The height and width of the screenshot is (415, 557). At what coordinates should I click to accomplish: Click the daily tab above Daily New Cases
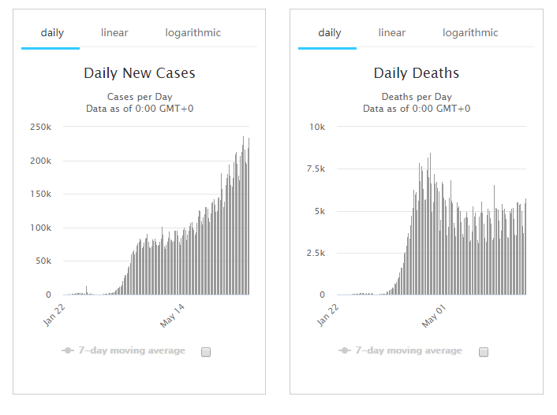tap(52, 33)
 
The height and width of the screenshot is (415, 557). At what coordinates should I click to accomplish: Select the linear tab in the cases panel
tap(114, 33)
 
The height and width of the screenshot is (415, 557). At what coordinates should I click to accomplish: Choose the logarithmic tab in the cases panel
tap(193, 33)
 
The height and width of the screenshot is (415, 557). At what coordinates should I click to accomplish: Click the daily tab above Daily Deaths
tap(329, 33)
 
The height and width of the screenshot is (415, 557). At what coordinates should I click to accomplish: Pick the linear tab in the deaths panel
tap(391, 33)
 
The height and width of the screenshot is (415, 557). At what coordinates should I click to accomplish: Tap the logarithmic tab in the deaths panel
tap(470, 33)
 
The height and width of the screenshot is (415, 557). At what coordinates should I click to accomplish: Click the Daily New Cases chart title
tap(140, 73)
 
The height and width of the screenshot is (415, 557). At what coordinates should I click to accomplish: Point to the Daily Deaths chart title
tap(416, 73)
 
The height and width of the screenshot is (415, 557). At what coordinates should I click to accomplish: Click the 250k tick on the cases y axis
tap(40, 127)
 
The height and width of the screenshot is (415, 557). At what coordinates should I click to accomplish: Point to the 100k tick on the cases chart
tap(40, 228)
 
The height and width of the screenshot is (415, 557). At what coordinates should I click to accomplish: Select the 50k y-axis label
tap(43, 261)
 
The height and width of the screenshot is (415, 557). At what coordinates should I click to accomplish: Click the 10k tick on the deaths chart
tap(317, 127)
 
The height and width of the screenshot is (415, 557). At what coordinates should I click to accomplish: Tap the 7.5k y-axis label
tap(315, 169)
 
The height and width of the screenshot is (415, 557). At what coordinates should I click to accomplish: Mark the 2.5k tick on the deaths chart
tap(315, 253)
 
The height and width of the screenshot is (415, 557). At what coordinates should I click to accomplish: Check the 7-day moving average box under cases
tap(206, 352)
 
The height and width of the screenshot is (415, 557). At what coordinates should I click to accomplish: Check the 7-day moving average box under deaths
tap(484, 352)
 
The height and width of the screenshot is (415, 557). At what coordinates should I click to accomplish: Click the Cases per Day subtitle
tap(140, 97)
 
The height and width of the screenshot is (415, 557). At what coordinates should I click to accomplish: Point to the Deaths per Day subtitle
tap(416, 97)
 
